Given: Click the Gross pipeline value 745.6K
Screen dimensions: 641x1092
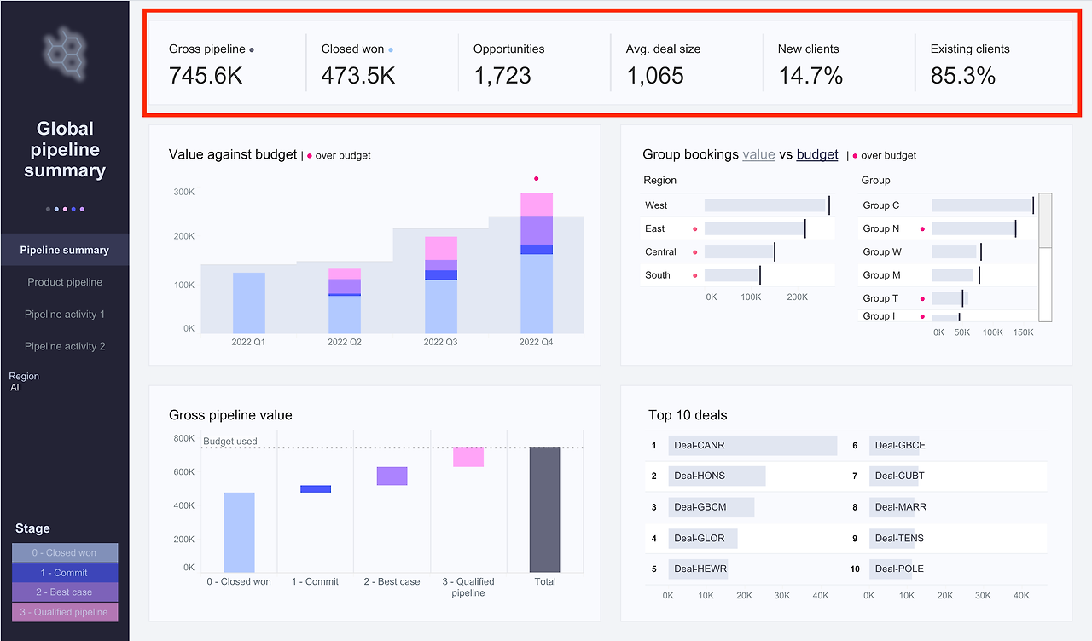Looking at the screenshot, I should point(206,75).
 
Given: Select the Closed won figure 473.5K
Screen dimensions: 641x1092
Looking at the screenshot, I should point(357,75).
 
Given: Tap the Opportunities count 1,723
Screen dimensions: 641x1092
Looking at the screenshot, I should point(502,75).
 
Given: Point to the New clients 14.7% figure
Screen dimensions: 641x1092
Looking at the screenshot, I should point(810,75).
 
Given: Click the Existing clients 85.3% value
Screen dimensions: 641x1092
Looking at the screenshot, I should point(963,75).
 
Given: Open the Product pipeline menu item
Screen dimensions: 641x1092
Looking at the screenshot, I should point(65,282).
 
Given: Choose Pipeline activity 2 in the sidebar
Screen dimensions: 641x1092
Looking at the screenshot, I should point(65,346).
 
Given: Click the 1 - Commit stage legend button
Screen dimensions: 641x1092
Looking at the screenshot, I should point(65,573).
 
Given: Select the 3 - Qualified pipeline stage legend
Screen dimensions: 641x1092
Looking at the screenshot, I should point(65,612).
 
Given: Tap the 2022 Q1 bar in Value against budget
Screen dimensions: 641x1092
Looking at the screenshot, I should point(249,303).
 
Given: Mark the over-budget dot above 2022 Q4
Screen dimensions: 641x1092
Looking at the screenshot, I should point(537,179).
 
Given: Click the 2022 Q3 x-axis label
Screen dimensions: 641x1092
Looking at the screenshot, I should point(440,342).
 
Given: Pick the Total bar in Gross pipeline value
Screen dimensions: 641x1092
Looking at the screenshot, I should point(544,510).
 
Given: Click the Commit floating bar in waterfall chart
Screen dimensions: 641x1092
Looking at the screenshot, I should point(316,489).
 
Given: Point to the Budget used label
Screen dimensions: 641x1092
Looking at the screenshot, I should point(229,442).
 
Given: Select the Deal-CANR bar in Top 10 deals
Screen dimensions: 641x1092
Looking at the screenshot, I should point(752,446).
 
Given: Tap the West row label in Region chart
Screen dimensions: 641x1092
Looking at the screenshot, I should point(657,205).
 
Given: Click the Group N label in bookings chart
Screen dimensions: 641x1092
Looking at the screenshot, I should point(881,228).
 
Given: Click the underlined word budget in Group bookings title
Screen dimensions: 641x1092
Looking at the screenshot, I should point(817,154).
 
